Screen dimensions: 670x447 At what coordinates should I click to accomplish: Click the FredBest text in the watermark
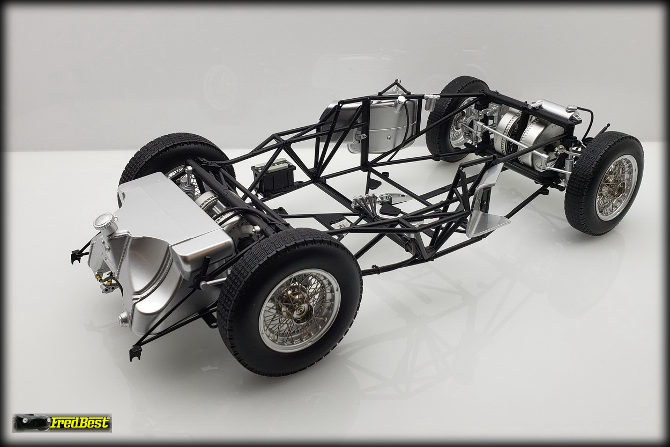pos(79,423)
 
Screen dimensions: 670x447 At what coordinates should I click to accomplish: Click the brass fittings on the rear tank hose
pos(105,281)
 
